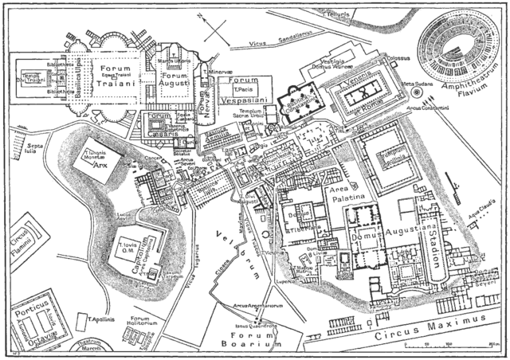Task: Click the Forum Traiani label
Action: [115, 74]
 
